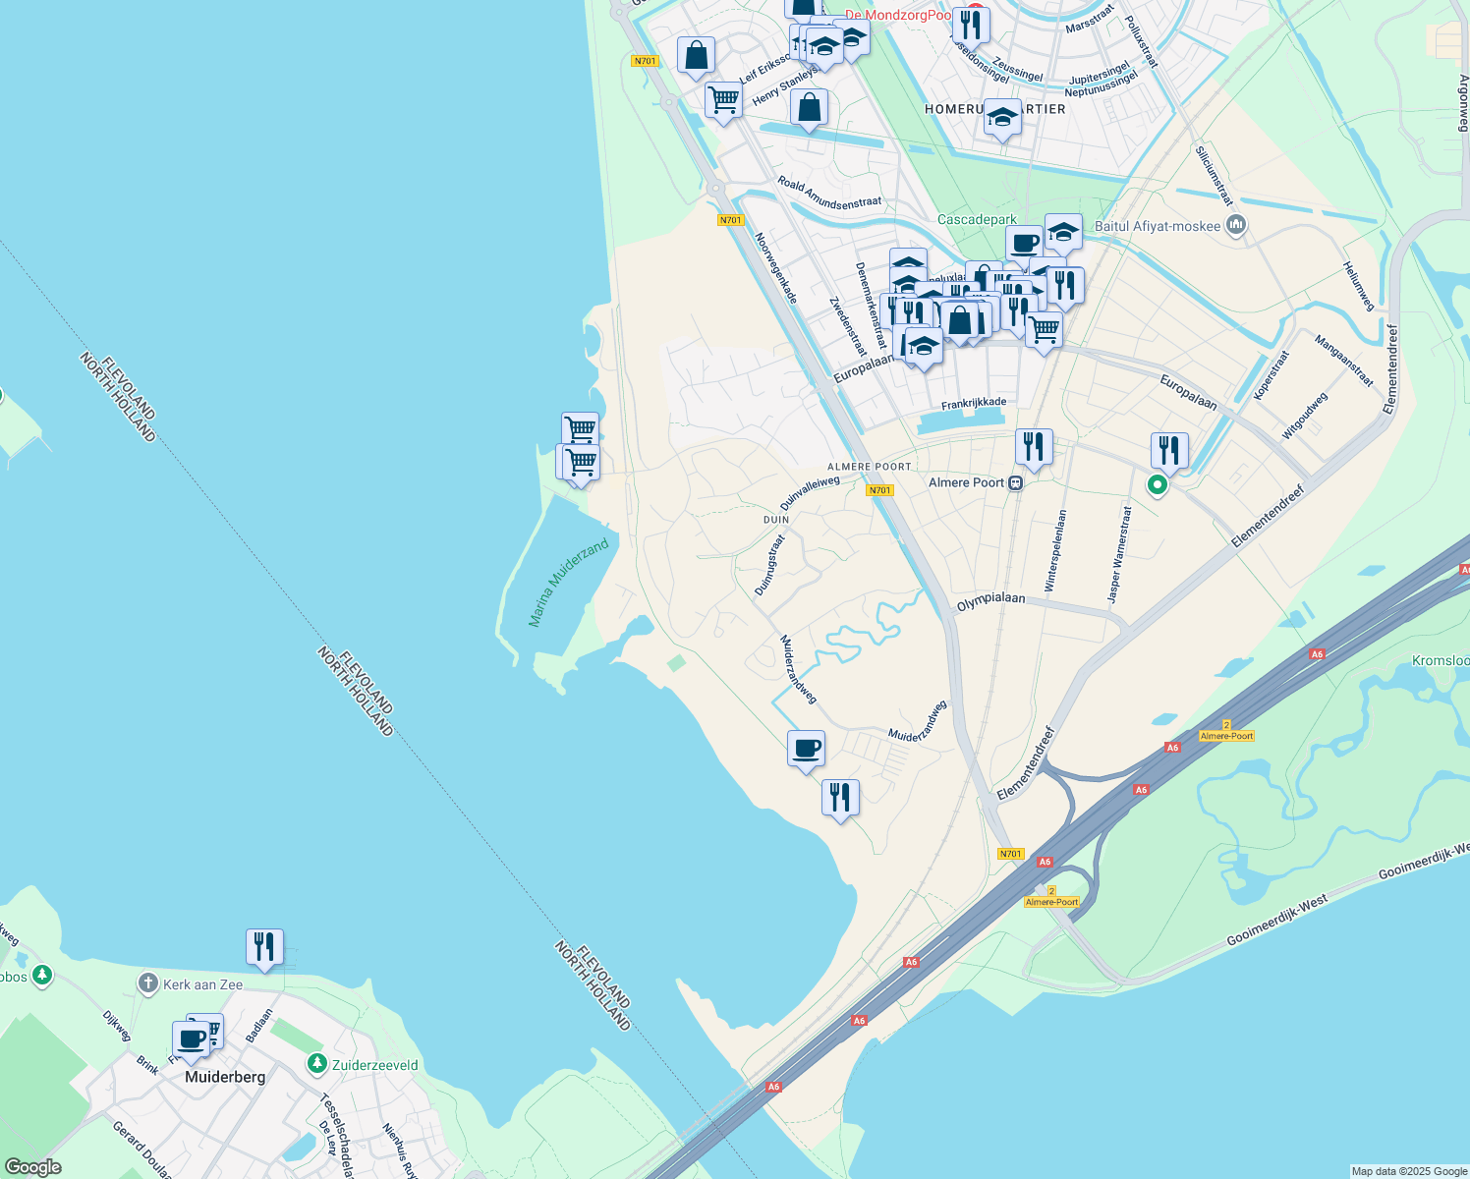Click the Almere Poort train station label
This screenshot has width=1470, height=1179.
967,482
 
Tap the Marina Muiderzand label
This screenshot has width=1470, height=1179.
568,583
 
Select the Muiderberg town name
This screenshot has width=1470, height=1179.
225,1077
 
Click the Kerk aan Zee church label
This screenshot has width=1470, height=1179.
202,984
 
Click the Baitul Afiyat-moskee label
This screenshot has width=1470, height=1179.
1157,226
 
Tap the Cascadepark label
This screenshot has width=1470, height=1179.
977,220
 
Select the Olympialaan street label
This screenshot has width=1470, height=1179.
990,601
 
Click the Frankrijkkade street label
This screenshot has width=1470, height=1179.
974,403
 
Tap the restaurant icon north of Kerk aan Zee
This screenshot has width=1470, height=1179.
264,947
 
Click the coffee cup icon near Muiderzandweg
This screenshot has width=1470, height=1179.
806,749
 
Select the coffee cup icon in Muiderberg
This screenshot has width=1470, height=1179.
191,1039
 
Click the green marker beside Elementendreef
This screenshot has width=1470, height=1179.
1158,484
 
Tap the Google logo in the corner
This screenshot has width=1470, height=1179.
32,1167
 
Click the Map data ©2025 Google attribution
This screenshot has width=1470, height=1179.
1408,1171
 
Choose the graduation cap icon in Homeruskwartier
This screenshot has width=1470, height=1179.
1001,118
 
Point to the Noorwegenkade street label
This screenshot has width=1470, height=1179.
775,267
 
